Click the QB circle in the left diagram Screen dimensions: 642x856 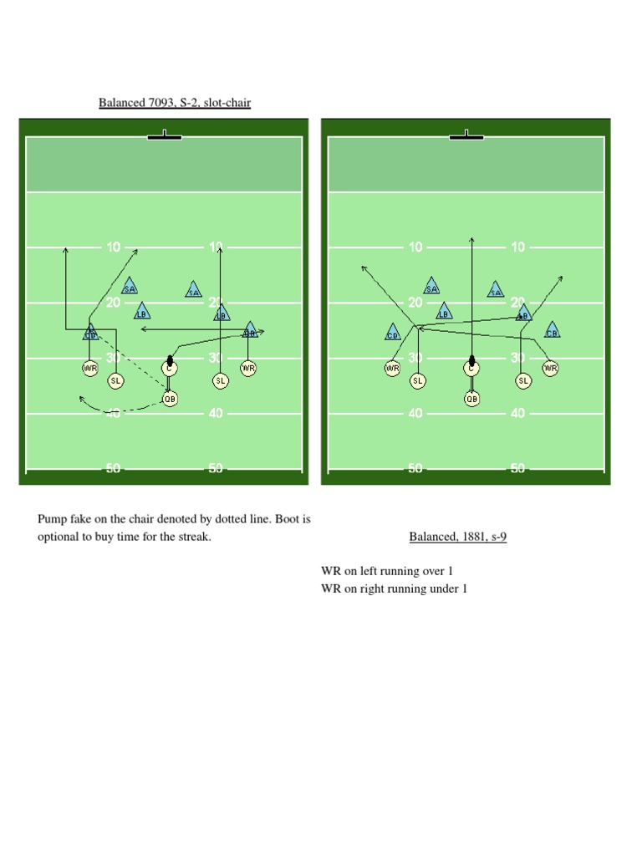pyautogui.click(x=170, y=400)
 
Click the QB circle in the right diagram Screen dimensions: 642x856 pyautogui.click(x=472, y=400)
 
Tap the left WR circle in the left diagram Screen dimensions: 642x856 pyautogui.click(x=90, y=368)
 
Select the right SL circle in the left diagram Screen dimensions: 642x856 pyautogui.click(x=221, y=380)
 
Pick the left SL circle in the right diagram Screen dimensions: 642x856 pyautogui.click(x=417, y=380)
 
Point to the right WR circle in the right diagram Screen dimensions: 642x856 pyautogui.click(x=550, y=368)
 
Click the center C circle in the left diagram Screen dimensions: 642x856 pyautogui.click(x=170, y=368)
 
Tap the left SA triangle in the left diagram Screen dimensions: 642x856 pyautogui.click(x=130, y=287)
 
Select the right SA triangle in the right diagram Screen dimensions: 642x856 pyautogui.click(x=496, y=290)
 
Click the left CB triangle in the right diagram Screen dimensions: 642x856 pyautogui.click(x=393, y=333)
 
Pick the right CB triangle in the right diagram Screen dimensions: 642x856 pyautogui.click(x=552, y=331)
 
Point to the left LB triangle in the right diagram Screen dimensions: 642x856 pyautogui.click(x=444, y=313)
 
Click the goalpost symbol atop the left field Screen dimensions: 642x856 pyautogui.click(x=165, y=135)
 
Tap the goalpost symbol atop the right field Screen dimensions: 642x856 pyautogui.click(x=466, y=135)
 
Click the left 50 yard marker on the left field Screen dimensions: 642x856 pyautogui.click(x=113, y=469)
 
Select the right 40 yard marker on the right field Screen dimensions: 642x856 pyautogui.click(x=517, y=413)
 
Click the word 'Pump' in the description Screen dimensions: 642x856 pyautogui.click(x=51, y=519)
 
